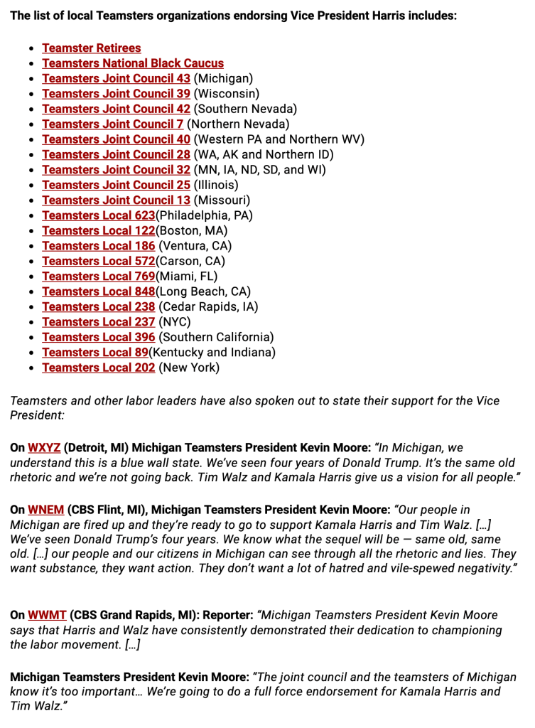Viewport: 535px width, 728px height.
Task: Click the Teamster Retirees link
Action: (91, 48)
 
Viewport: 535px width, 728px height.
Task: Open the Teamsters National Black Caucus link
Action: (133, 63)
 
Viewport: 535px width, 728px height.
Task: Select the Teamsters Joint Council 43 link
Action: (116, 78)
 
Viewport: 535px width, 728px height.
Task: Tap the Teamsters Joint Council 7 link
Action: (112, 124)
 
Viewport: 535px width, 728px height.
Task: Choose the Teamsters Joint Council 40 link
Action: (116, 139)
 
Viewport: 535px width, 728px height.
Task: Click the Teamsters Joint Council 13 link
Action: (116, 200)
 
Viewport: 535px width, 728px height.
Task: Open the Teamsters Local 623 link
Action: (98, 215)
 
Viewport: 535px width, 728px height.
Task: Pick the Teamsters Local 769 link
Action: (98, 277)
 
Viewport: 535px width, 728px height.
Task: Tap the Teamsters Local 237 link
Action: (98, 322)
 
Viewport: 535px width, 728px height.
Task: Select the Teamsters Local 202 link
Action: (98, 368)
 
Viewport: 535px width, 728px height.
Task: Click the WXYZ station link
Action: (44, 448)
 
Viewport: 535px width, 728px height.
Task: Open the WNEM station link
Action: (45, 510)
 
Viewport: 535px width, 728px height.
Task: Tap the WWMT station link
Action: (47, 615)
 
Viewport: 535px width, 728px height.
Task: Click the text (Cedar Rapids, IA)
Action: (208, 307)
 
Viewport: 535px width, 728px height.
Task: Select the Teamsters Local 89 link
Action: (94, 353)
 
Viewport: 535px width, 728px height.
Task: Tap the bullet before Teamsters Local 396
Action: (31, 338)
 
